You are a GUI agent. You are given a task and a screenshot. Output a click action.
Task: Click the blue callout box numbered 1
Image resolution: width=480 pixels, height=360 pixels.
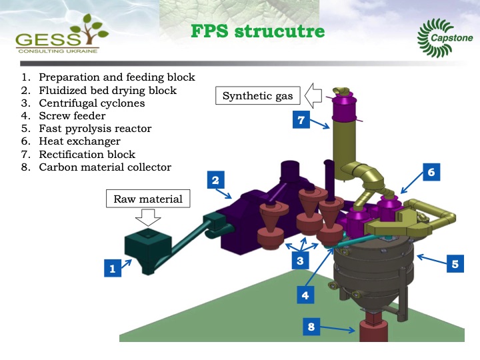[113, 269]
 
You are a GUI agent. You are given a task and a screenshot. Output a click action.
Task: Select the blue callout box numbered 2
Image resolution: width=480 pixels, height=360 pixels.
[215, 180]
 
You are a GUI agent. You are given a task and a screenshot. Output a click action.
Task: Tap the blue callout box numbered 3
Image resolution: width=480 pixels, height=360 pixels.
[301, 262]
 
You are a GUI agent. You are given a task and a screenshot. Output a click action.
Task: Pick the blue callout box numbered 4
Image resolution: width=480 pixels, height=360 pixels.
[305, 293]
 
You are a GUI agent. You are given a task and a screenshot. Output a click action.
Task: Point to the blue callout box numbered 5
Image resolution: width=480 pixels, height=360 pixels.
[455, 264]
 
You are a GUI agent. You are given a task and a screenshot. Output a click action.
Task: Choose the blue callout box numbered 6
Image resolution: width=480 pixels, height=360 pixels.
[431, 173]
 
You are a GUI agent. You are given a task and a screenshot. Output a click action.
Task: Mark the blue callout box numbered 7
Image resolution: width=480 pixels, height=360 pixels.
[301, 120]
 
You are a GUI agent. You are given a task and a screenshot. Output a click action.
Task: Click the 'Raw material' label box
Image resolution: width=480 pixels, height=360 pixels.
[148, 199]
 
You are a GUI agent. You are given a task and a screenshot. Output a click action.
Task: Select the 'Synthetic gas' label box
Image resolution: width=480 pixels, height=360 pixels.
[257, 96]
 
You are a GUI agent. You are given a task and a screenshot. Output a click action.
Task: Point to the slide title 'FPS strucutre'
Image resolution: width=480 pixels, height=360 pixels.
[257, 31]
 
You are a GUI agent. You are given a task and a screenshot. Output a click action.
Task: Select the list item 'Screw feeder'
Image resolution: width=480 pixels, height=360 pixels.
[72, 116]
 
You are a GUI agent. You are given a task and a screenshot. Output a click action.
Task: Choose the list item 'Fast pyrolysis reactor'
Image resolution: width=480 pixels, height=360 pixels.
[95, 129]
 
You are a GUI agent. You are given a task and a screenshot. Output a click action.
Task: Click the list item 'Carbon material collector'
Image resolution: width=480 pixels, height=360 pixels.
[105, 167]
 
